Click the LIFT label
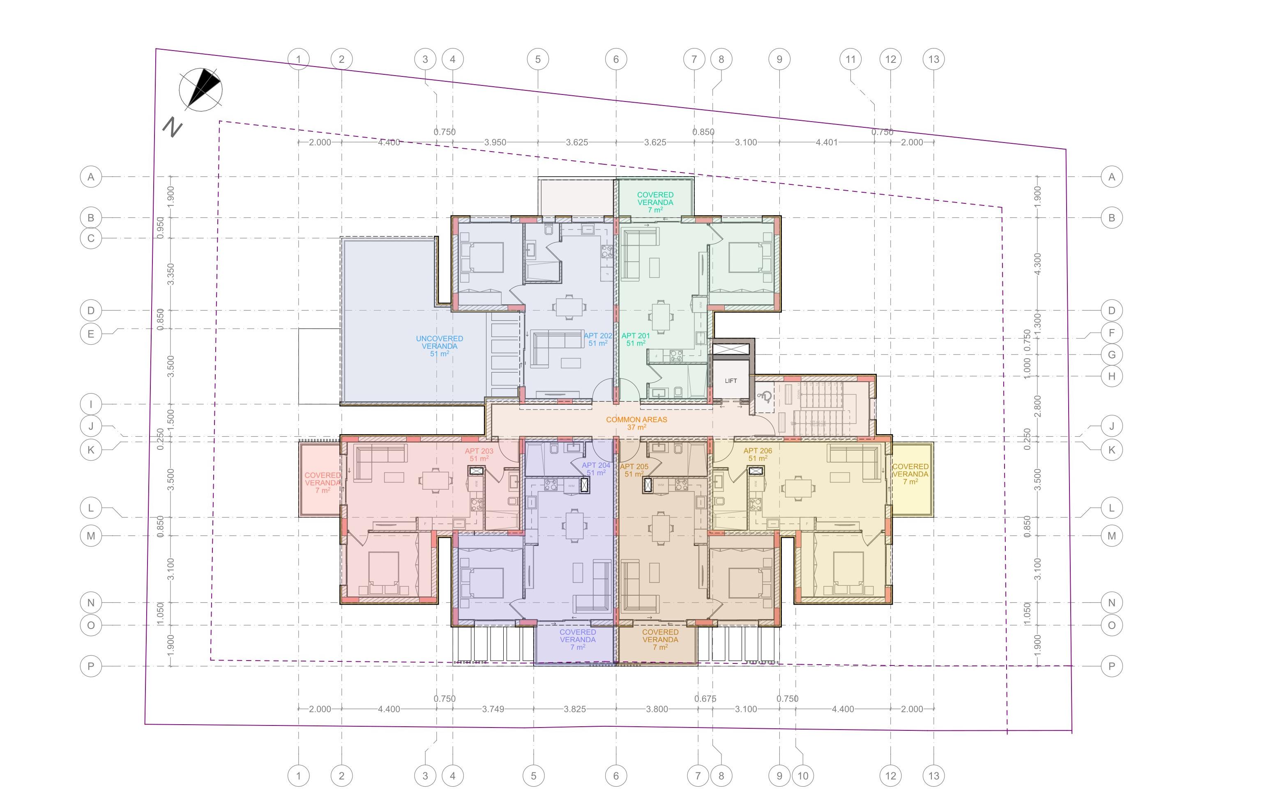tap(730, 381)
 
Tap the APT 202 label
tap(597, 336)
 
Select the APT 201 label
tap(636, 336)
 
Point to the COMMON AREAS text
tap(636, 420)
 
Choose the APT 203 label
tap(479, 451)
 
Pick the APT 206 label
tap(758, 451)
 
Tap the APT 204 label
tap(596, 465)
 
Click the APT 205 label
tap(634, 467)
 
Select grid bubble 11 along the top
tap(850, 59)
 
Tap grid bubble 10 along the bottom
tap(802, 776)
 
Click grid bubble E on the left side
tap(91, 334)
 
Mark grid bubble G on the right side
tap(1111, 355)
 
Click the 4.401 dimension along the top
tap(826, 142)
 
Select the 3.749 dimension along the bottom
tap(493, 709)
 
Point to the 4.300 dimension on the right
tap(1037, 263)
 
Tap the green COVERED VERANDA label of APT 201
tap(655, 198)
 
